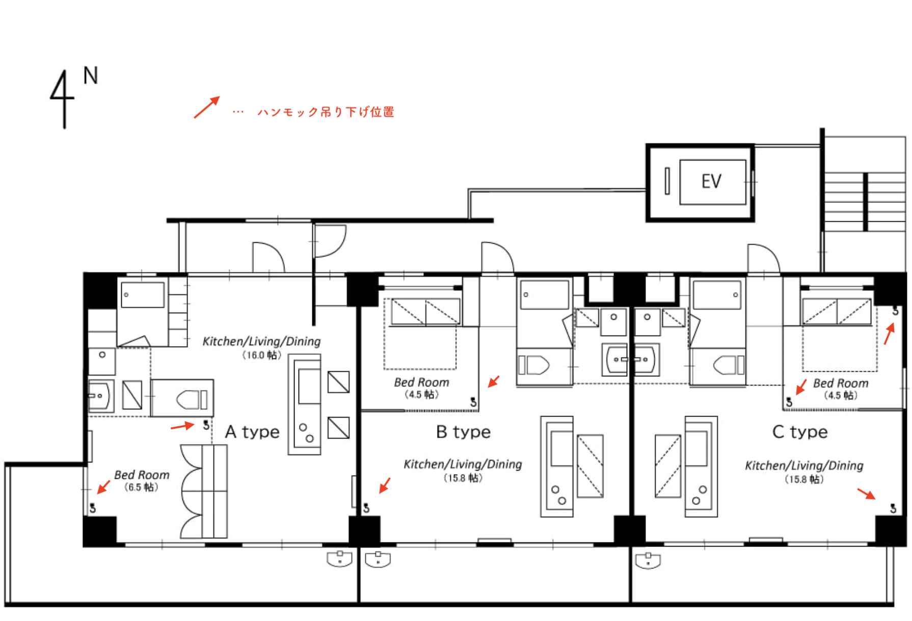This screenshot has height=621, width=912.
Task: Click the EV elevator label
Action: tap(711, 182)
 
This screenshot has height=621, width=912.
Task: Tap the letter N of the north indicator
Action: tap(91, 76)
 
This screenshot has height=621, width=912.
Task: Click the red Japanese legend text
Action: tap(326, 112)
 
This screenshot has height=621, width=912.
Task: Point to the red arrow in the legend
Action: tap(207, 107)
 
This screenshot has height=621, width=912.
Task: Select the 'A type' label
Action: tap(252, 432)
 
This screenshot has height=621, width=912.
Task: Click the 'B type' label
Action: tap(463, 432)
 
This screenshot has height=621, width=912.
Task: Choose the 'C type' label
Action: tap(800, 432)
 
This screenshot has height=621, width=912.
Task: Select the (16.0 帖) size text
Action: tap(261, 355)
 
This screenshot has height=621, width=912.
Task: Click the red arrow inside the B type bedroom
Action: tap(494, 381)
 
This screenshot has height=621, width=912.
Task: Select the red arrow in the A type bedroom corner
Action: tap(103, 487)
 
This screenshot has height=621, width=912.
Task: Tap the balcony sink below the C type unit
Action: tap(648, 560)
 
